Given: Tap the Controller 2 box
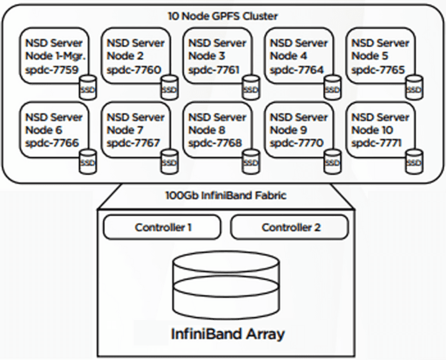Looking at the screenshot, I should pyautogui.click(x=290, y=227).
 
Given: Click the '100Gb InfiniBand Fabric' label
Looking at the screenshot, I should pyautogui.click(x=222, y=195).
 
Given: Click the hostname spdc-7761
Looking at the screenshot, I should pyautogui.click(x=214, y=70).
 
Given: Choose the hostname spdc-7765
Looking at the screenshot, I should pyautogui.click(x=378, y=70).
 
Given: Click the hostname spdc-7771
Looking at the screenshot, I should pyautogui.click(x=376, y=143).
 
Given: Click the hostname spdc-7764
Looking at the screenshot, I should pyautogui.click(x=296, y=70).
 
